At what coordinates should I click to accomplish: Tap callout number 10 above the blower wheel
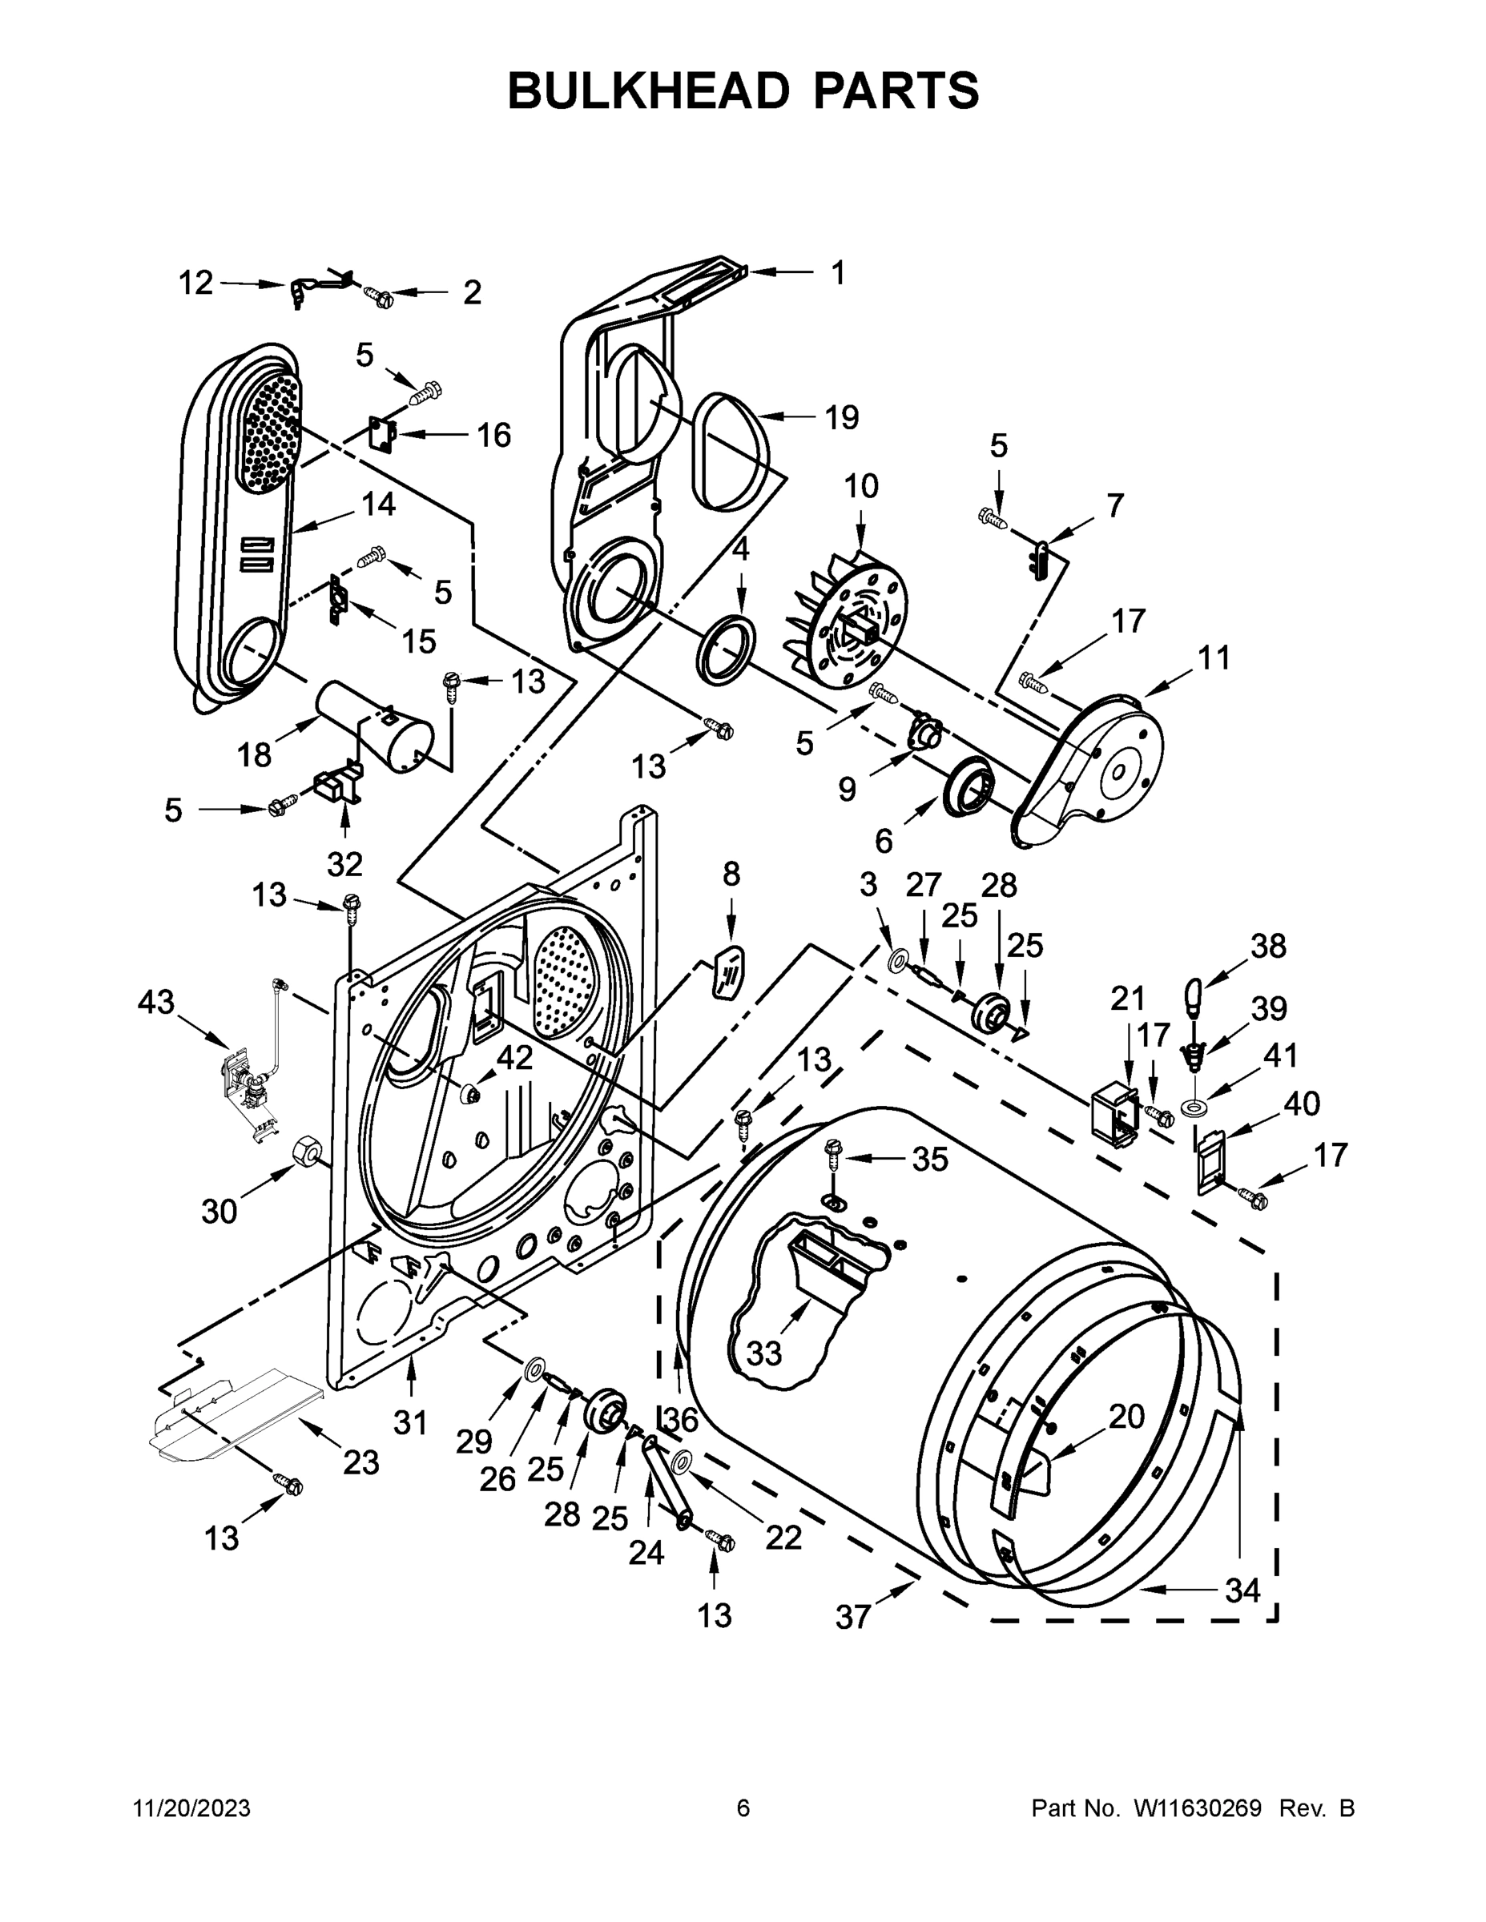[x=861, y=486]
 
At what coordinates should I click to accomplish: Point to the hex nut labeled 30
[x=304, y=1151]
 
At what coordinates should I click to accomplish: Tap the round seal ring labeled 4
[x=727, y=649]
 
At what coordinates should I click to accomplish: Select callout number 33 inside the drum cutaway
[x=763, y=1353]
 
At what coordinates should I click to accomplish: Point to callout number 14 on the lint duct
[x=379, y=505]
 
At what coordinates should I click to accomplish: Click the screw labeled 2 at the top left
[x=381, y=297]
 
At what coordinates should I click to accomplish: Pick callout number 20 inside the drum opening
[x=1126, y=1416]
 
